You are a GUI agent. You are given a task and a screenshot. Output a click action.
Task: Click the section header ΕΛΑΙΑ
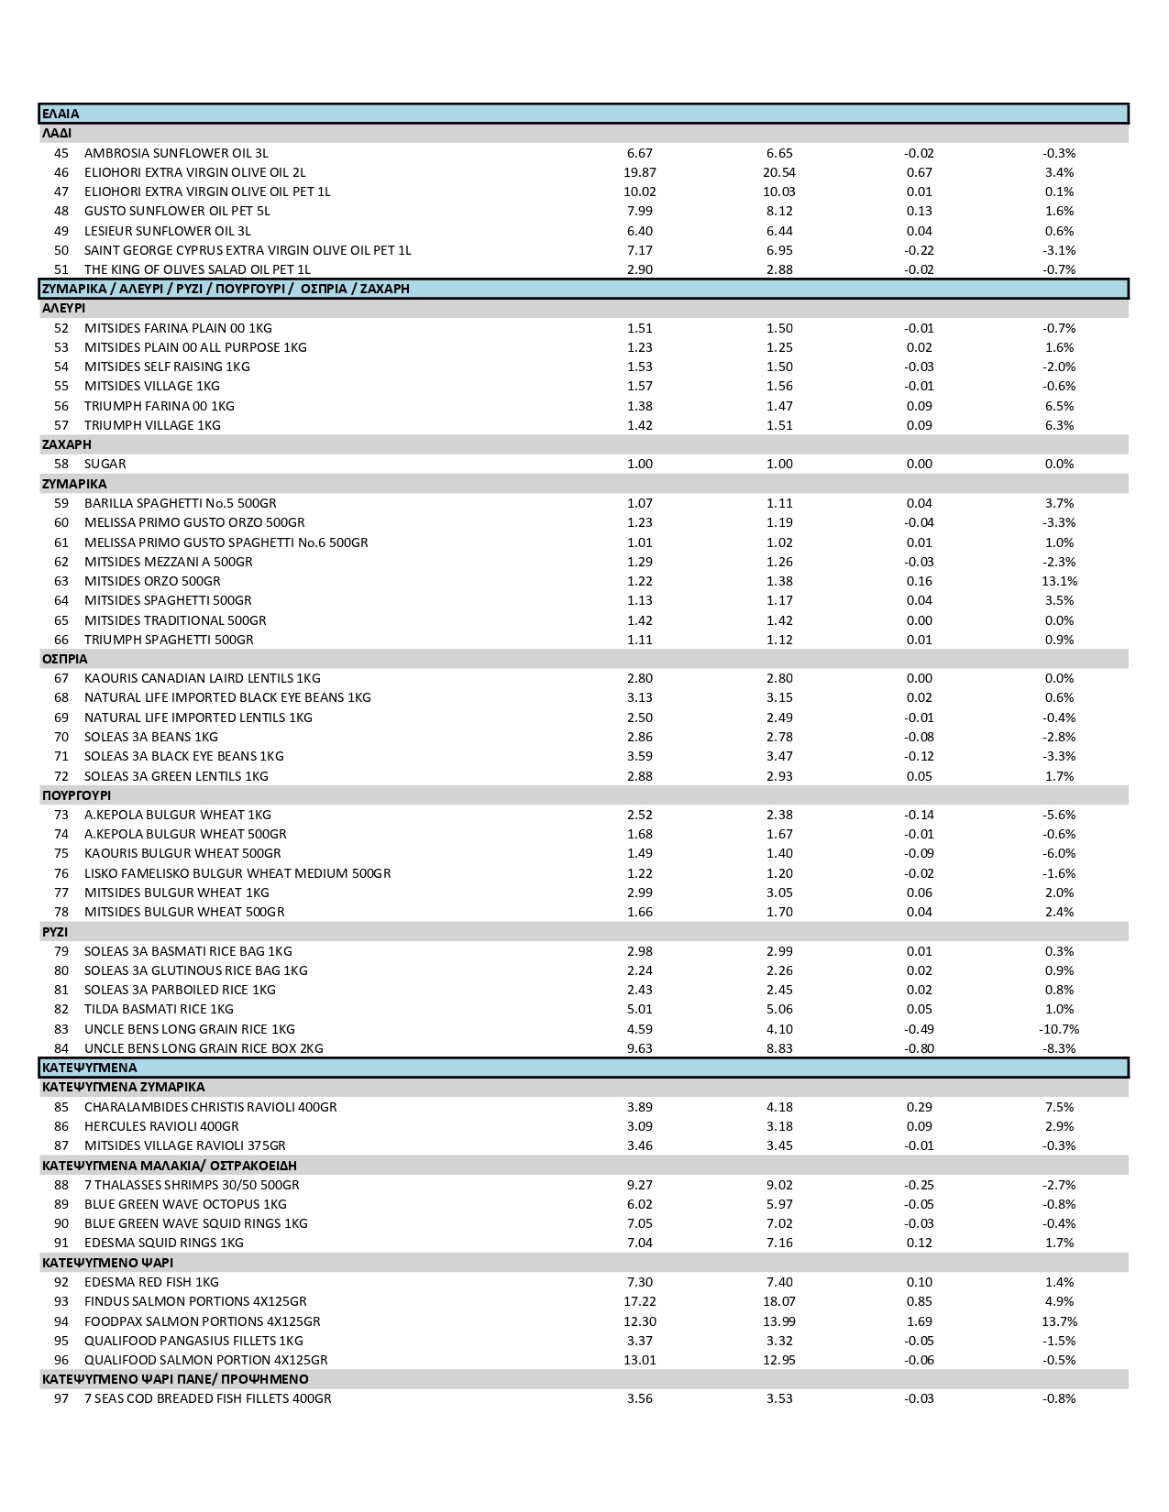61,114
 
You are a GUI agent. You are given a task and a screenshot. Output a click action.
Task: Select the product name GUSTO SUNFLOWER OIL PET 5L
177,211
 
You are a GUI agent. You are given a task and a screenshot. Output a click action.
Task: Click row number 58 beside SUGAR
61,464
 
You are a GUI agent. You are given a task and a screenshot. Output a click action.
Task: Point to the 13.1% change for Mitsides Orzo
1058,581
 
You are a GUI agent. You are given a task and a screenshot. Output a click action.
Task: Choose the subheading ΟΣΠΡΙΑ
65,659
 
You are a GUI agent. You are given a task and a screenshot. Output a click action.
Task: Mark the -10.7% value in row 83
1058,1029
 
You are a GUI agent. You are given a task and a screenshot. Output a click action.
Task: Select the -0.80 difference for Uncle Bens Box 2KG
919,1048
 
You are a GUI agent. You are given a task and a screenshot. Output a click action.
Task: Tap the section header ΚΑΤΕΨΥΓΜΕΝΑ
89,1068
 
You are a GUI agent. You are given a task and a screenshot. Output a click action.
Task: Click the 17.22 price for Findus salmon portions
640,1301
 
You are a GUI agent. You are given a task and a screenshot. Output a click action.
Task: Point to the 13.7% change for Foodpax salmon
1058,1321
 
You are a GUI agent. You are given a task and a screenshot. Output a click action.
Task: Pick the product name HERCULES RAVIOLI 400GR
161,1126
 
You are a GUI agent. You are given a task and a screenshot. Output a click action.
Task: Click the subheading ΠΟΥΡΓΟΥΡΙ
76,795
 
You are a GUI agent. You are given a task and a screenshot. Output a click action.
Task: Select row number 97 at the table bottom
61,1398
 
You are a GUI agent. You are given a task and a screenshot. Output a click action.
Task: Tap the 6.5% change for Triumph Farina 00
1058,406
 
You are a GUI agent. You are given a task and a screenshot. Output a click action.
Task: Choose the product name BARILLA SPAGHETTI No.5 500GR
180,503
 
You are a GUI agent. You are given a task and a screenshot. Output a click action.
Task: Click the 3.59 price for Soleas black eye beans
640,756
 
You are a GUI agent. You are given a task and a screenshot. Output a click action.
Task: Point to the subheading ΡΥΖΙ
55,932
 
